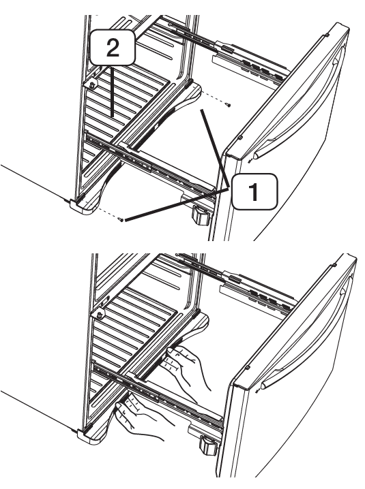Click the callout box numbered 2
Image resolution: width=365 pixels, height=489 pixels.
click(113, 48)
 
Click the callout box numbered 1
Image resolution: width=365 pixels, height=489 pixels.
click(254, 192)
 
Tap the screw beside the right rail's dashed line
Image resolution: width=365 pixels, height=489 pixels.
click(229, 105)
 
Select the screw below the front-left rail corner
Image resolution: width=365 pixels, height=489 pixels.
click(121, 219)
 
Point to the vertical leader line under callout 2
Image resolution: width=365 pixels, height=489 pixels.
click(113, 91)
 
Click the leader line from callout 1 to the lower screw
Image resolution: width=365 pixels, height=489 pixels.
click(177, 204)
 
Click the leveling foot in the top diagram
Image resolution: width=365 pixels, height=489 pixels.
click(201, 215)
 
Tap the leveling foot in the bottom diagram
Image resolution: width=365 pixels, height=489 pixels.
click(208, 445)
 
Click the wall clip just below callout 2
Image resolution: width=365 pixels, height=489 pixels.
click(93, 84)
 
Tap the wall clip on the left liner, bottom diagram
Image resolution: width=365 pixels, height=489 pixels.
click(100, 315)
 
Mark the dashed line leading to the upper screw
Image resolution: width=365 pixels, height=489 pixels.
click(214, 97)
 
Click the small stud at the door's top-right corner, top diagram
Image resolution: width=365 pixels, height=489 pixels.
click(326, 35)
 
